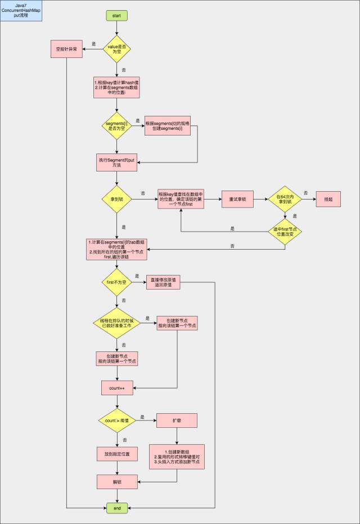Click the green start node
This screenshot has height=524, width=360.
tap(116, 15)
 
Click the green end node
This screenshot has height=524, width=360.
tap(117, 508)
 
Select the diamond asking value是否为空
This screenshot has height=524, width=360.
tap(116, 50)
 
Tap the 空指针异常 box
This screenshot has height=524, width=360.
tap(66, 50)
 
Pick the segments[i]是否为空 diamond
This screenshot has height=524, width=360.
tap(116, 126)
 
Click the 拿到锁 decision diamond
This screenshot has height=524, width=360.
tap(116, 199)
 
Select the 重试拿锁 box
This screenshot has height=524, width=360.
tap(236, 199)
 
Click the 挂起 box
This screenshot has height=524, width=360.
tap(328, 199)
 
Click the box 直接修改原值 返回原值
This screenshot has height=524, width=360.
tap(163, 282)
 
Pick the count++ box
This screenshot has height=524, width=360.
tap(116, 388)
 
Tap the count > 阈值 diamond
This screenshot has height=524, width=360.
tap(116, 421)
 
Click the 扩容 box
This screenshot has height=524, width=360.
tap(177, 421)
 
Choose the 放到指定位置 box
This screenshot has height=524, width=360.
tap(116, 453)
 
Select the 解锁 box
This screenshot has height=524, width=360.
tap(116, 482)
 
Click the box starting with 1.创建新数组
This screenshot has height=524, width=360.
tap(177, 457)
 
